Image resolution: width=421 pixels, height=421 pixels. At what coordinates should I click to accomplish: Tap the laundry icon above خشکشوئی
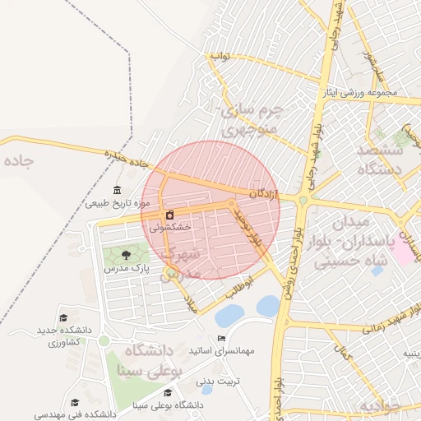point(169,215)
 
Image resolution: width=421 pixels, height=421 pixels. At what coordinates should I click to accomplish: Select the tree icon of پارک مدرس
point(126,256)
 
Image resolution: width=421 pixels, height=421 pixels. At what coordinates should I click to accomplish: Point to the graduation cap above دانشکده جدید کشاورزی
point(62,318)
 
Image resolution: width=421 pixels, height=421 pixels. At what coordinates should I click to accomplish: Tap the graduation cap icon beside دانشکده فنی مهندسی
point(76,402)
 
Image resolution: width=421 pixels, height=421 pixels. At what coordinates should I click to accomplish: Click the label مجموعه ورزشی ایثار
point(362,92)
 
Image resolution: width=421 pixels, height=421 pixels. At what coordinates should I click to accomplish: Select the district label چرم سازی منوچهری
point(252,119)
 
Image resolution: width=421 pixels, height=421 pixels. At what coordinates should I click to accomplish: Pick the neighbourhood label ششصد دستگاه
point(379,160)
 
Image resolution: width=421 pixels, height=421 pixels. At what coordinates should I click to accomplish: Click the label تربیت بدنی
point(222,381)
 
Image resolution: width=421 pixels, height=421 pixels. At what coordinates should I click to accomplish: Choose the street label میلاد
point(192,305)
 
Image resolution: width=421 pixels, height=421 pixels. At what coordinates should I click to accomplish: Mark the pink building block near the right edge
point(404,250)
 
